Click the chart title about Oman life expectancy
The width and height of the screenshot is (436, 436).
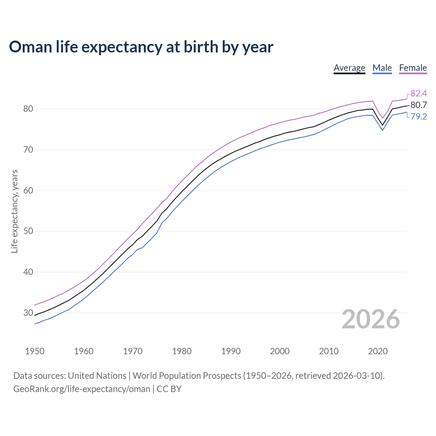(x=141, y=47)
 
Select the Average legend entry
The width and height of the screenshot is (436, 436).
(x=349, y=68)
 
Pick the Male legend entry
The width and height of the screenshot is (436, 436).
(x=382, y=68)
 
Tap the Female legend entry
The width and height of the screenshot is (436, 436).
(x=413, y=68)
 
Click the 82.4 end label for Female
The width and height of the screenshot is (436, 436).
(x=419, y=93)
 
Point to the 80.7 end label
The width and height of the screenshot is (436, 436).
(x=419, y=105)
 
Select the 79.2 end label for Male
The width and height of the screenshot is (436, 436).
(x=419, y=116)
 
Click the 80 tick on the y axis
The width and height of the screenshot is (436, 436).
(x=28, y=109)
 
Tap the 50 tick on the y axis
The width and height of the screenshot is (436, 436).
(x=28, y=231)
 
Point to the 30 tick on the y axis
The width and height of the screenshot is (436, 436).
(x=28, y=313)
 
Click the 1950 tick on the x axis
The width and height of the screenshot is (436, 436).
(x=35, y=351)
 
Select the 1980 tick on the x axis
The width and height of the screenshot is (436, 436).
(x=182, y=351)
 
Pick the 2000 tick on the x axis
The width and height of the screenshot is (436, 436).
(x=280, y=351)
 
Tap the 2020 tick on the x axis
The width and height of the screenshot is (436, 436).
(x=378, y=351)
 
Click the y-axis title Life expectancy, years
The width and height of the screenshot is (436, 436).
(x=15, y=211)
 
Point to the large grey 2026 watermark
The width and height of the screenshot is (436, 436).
(x=371, y=319)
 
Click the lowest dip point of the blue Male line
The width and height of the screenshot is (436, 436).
(x=383, y=130)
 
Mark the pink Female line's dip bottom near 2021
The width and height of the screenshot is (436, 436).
(x=383, y=118)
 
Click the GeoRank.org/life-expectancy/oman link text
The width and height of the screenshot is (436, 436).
(x=82, y=389)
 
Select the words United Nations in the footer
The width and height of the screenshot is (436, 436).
(x=97, y=376)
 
